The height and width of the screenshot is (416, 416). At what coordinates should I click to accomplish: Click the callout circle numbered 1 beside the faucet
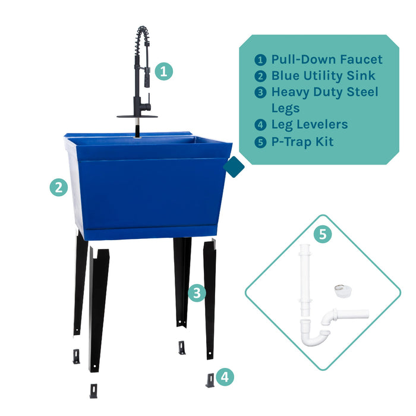tap(164, 72)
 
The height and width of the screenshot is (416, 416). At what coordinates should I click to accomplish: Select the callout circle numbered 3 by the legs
tap(197, 292)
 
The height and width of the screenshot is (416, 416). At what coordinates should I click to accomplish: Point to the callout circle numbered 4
tap(225, 376)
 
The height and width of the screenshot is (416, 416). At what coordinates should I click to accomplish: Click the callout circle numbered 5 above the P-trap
tap(322, 234)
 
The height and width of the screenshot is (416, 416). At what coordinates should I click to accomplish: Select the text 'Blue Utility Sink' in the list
tap(323, 75)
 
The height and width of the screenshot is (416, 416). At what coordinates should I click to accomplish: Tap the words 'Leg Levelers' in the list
tap(310, 125)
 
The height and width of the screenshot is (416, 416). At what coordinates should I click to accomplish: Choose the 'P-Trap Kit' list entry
tap(302, 141)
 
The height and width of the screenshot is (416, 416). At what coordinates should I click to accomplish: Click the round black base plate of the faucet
tap(138, 116)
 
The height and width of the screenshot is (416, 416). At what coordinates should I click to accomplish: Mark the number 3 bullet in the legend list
tap(260, 92)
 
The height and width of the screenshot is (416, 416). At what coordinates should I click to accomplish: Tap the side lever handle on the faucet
tap(147, 109)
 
